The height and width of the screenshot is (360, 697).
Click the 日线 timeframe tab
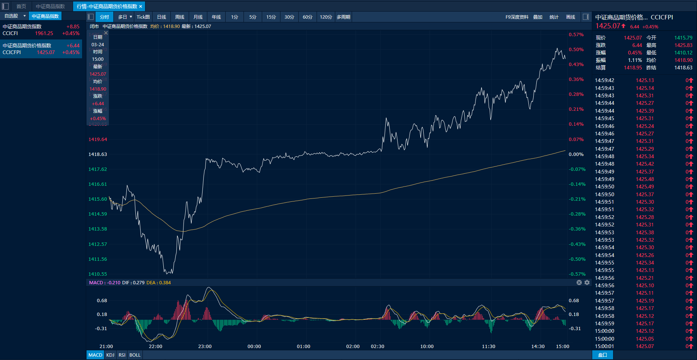(161, 17)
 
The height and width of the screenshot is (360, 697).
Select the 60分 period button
(307, 17)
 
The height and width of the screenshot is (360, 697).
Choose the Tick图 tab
(143, 17)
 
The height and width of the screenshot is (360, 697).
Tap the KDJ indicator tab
(110, 355)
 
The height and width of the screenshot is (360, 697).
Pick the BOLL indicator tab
(135, 355)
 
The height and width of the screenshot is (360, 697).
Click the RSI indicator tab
(122, 355)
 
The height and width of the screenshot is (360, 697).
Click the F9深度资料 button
(517, 17)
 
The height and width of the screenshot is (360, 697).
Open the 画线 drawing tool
(571, 17)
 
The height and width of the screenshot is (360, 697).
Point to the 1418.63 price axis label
(98, 154)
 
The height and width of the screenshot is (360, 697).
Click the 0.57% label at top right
(576, 35)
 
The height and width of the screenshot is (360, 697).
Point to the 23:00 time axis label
(205, 347)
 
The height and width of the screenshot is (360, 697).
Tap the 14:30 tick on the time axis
(538, 347)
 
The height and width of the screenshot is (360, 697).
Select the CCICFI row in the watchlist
(41, 30)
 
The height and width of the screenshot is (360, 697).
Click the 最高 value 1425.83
(683, 45)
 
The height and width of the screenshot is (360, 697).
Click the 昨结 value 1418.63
(683, 68)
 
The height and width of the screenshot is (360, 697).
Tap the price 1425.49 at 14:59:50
(645, 187)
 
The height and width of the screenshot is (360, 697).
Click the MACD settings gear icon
(587, 282)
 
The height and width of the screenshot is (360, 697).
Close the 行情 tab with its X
(141, 6)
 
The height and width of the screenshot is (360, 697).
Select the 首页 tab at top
(21, 6)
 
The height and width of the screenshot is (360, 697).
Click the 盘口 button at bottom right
(603, 355)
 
